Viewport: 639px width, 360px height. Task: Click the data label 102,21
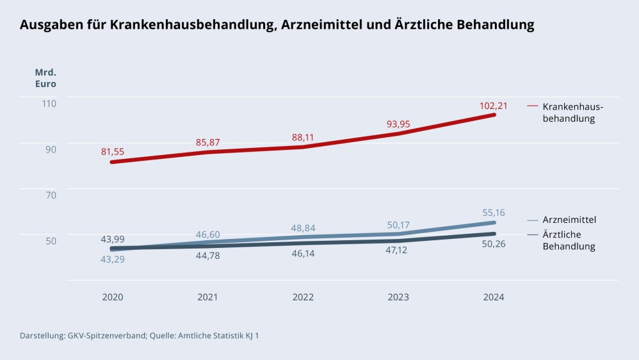coord(493,106)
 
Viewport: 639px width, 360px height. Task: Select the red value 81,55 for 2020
coord(113,152)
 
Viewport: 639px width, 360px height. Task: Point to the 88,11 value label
coord(303,137)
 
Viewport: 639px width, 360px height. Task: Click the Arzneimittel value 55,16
coord(493,212)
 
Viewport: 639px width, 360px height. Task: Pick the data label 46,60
coord(207,235)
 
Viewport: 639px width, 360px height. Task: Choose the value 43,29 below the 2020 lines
coord(113,258)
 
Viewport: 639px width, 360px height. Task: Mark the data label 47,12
coord(398,250)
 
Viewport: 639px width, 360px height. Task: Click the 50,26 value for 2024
coord(493,244)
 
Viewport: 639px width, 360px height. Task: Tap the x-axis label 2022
coord(303,297)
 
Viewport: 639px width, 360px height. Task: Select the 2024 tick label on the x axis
coord(493,297)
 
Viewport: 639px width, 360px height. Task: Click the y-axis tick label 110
coord(49,103)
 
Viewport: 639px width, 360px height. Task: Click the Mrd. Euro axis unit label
coord(45,78)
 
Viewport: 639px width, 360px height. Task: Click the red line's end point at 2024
coord(494,115)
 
